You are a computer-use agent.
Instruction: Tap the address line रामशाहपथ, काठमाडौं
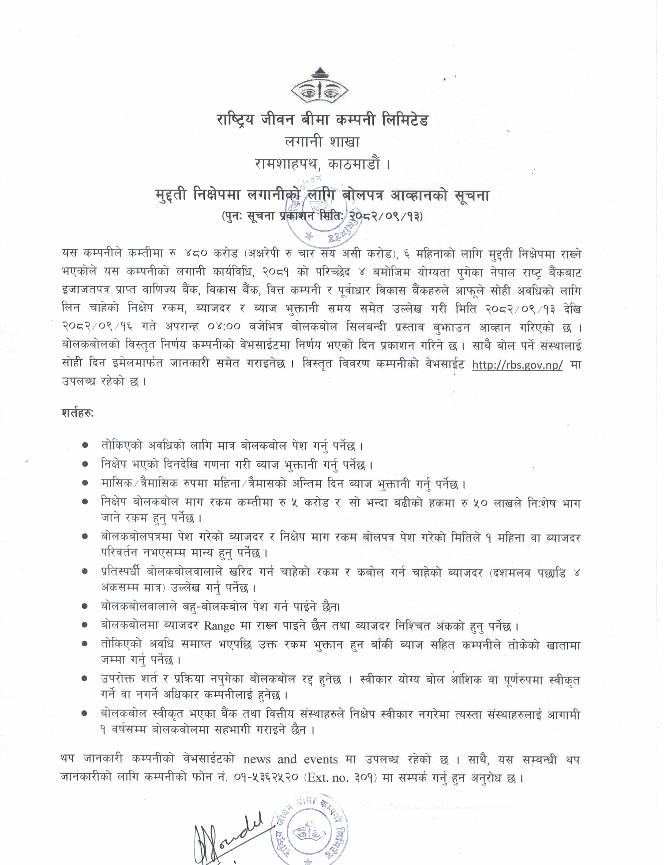(x=322, y=164)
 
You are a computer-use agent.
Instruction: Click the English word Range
(x=219, y=626)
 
